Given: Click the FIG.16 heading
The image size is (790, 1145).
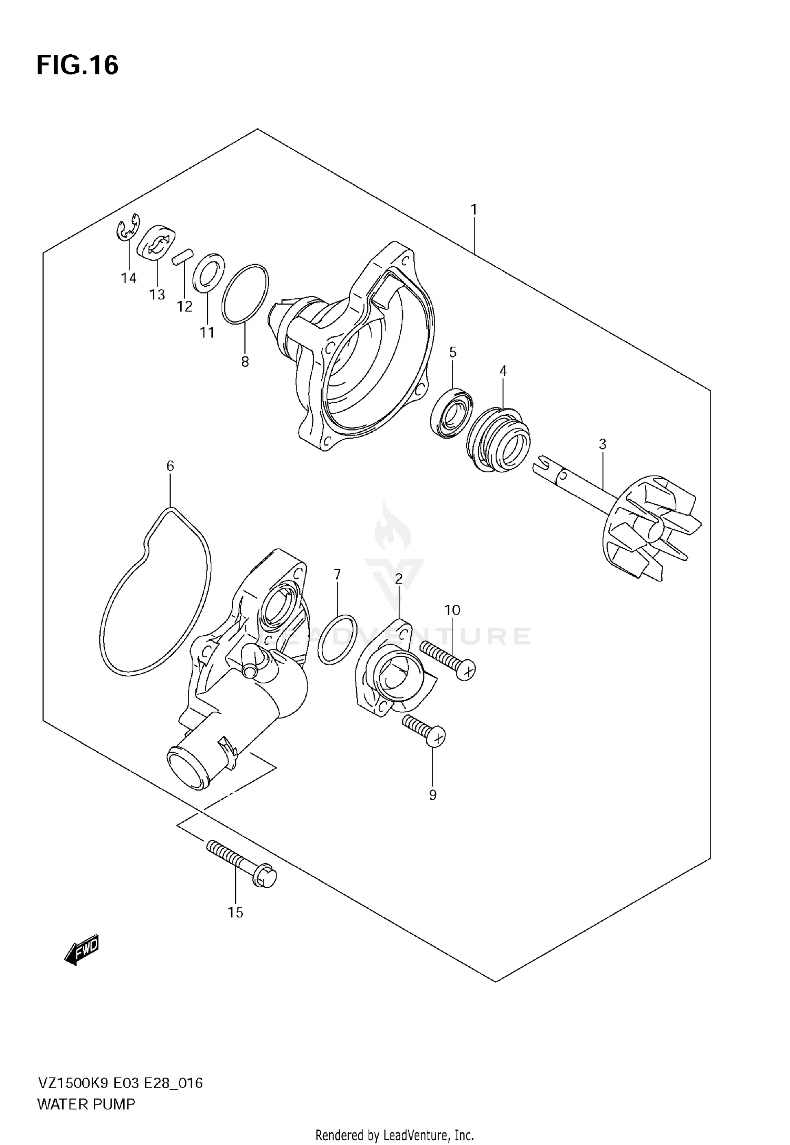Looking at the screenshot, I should (77, 65).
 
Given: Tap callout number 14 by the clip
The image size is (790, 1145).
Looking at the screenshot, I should (129, 278).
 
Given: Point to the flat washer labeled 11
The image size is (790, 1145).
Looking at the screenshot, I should (209, 272).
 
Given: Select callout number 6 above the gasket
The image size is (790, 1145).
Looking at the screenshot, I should (170, 465).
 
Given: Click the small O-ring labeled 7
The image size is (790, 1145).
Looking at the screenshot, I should (337, 639).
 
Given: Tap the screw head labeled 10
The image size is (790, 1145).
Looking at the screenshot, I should (466, 671).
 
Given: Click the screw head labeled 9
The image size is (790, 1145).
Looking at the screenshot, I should (436, 736).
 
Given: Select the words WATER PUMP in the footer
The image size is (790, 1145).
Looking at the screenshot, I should (86, 1103).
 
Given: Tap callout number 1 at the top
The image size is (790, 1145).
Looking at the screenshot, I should (473, 209).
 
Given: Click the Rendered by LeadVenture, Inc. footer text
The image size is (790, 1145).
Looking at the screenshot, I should (394, 1134).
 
